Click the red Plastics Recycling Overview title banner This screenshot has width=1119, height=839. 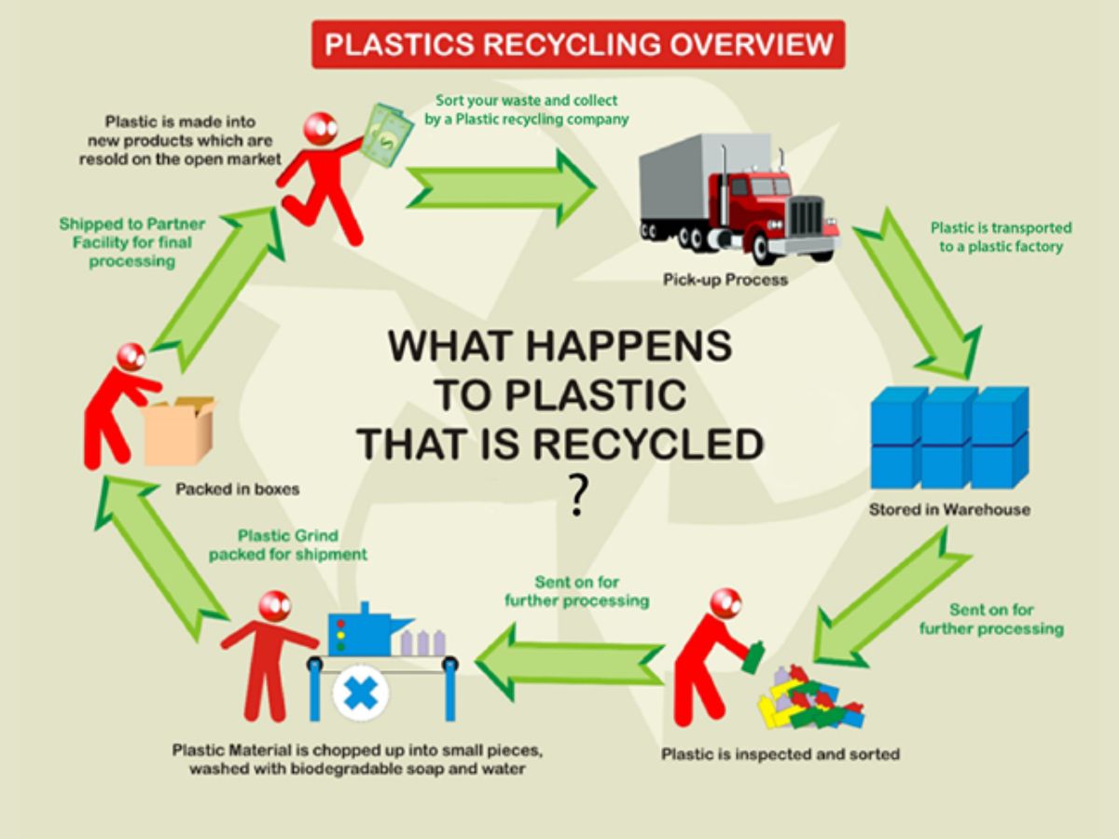pos(578,45)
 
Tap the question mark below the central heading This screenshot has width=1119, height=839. pos(579,495)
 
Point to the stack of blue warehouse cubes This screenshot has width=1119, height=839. pos(949,436)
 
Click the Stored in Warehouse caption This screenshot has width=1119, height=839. pos(949,510)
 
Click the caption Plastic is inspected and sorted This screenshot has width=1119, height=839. pos(781,753)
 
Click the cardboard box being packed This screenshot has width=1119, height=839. pos(180,432)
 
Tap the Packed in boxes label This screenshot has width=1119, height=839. pos(237,488)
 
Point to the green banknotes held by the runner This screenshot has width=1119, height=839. pos(385,134)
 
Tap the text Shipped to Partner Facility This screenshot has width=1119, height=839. pos(131,242)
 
